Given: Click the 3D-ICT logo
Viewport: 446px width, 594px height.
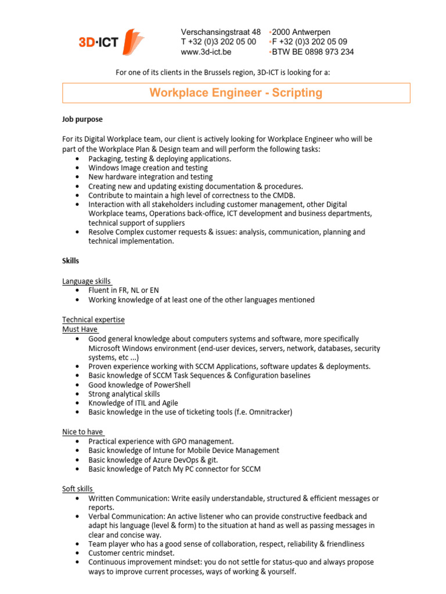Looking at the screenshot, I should pyautogui.click(x=111, y=42).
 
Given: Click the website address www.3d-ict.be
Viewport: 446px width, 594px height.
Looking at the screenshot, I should pyautogui.click(x=206, y=52).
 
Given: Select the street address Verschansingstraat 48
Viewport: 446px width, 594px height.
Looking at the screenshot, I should pyautogui.click(x=221, y=32).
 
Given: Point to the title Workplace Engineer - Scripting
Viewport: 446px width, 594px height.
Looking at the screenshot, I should pyautogui.click(x=236, y=93).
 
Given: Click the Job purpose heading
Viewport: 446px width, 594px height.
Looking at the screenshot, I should pyautogui.click(x=82, y=119).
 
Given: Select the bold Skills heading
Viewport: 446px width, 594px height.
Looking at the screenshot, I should pyautogui.click(x=71, y=260).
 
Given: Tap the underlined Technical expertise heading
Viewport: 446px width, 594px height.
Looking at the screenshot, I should pyautogui.click(x=93, y=320).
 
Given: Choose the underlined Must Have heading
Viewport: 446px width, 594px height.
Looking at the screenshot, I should pyautogui.click(x=80, y=329).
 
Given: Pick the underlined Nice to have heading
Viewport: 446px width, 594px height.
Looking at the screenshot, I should pyautogui.click(x=83, y=432).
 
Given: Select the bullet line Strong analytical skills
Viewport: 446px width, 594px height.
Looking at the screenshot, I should pyautogui.click(x=124, y=394).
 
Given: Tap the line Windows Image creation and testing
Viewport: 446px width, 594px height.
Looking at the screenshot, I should pyautogui.click(x=148, y=168).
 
